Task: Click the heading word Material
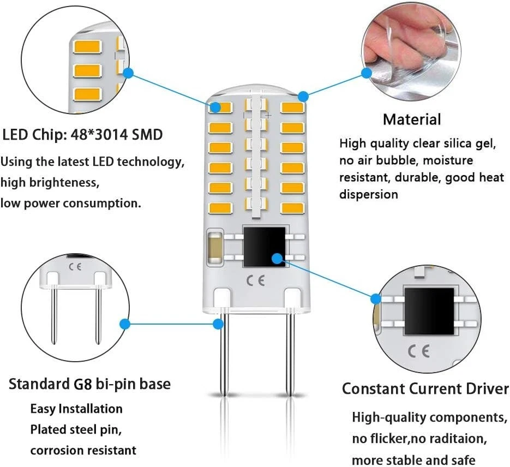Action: click(411, 119)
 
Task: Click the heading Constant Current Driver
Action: click(425, 389)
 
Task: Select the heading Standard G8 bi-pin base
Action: click(89, 384)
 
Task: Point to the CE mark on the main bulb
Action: click(256, 281)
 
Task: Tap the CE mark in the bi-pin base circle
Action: click(75, 267)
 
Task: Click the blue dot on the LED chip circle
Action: click(129, 72)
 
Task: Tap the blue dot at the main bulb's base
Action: click(218, 324)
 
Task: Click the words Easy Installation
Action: click(76, 409)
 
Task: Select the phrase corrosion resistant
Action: click(83, 451)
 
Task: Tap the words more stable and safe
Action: click(413, 460)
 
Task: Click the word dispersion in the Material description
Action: click(369, 194)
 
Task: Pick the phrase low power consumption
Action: click(70, 203)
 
